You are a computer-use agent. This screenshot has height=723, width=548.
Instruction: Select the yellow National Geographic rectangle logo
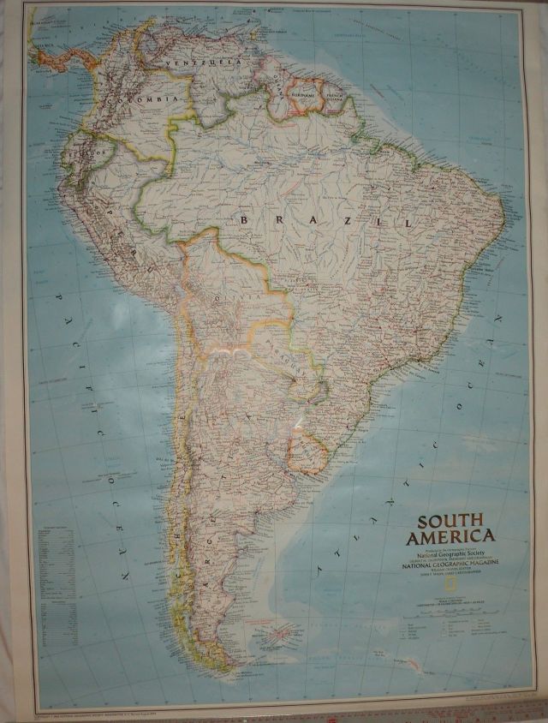(414, 579)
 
